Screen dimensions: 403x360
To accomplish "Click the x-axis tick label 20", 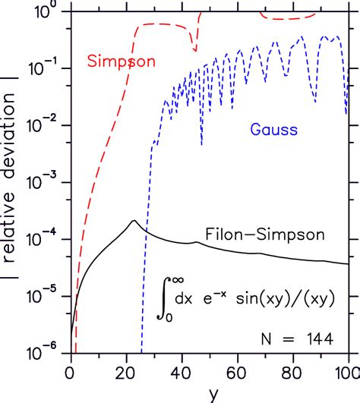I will click(x=125, y=371).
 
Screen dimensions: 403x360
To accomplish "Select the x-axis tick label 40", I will click(x=181, y=371).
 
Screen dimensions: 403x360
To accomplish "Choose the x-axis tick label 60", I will click(x=236, y=371).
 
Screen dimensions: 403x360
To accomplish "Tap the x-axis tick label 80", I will click(x=292, y=371).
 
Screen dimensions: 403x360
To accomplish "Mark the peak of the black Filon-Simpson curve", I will click(x=134, y=221).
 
